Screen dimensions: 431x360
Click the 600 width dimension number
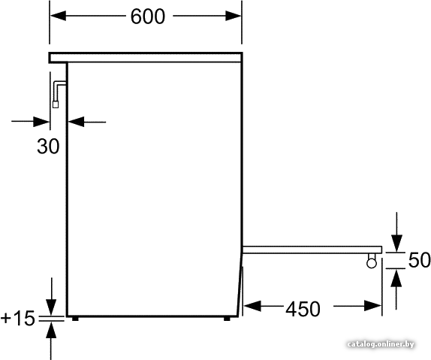coord(148,17)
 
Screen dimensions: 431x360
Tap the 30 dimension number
coord(48,146)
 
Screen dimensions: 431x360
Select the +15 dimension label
coord(18,318)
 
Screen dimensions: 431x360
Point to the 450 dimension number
coord(303,309)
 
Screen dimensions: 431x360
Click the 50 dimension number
coord(420,260)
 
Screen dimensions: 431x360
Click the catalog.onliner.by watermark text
coord(381,344)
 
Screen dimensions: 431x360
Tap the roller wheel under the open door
coord(372,263)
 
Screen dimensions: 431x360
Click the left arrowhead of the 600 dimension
coord(58,16)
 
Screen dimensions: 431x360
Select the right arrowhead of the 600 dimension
coord(234,16)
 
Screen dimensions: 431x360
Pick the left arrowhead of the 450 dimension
coord(252,306)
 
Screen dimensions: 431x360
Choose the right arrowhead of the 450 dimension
coord(372,306)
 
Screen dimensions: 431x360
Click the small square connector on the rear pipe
coord(56,104)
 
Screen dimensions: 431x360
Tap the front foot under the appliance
coord(227,319)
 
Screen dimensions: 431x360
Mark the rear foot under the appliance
coord(75,319)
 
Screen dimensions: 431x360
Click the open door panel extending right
coord(312,250)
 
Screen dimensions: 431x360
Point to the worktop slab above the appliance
coord(146,58)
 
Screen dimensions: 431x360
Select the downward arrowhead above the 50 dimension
coord(396,244)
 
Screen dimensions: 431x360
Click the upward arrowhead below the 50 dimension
coord(396,278)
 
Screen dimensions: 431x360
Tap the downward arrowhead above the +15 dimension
coord(51,307)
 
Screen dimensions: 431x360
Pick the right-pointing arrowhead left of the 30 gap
coord(41,122)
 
